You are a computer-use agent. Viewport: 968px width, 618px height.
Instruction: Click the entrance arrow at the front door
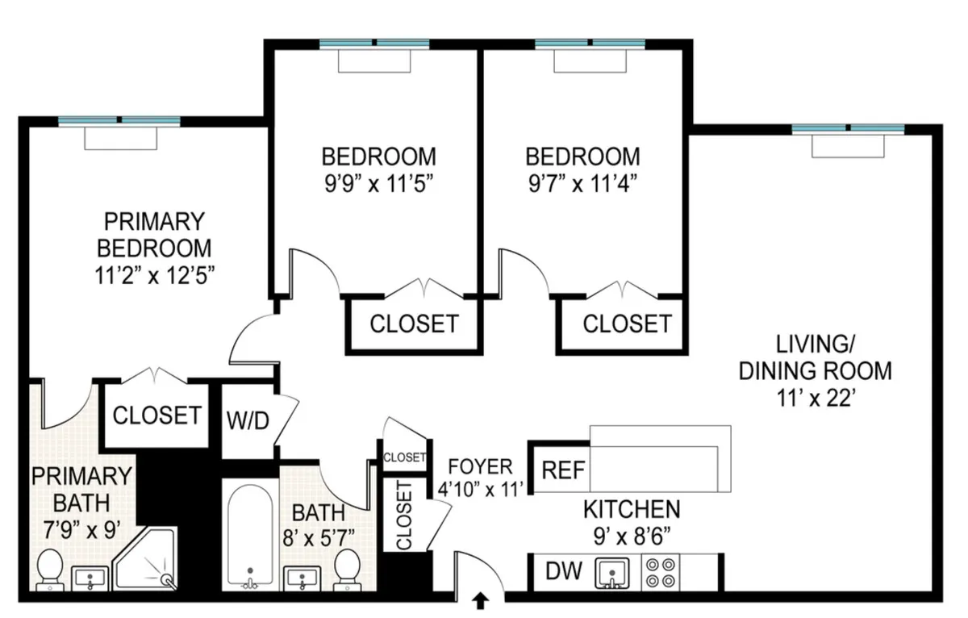click(482, 599)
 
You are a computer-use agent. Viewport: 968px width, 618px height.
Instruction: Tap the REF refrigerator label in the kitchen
click(563, 470)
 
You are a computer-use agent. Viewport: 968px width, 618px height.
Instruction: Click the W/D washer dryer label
click(247, 422)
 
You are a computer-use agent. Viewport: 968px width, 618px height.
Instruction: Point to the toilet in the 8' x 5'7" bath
click(348, 570)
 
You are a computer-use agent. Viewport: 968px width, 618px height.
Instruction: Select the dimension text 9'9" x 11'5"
click(378, 183)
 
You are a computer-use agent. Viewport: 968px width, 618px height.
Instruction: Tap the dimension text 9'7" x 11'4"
click(582, 183)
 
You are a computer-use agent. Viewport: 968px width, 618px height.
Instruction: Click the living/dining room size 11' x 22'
click(816, 398)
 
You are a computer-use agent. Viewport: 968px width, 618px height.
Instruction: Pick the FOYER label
click(481, 466)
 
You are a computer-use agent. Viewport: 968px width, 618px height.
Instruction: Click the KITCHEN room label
click(632, 509)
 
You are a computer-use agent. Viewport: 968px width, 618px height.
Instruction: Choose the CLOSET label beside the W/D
click(156, 415)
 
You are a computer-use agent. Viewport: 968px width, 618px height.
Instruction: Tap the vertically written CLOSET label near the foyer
click(403, 515)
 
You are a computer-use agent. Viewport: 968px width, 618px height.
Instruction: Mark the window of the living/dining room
click(848, 129)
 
